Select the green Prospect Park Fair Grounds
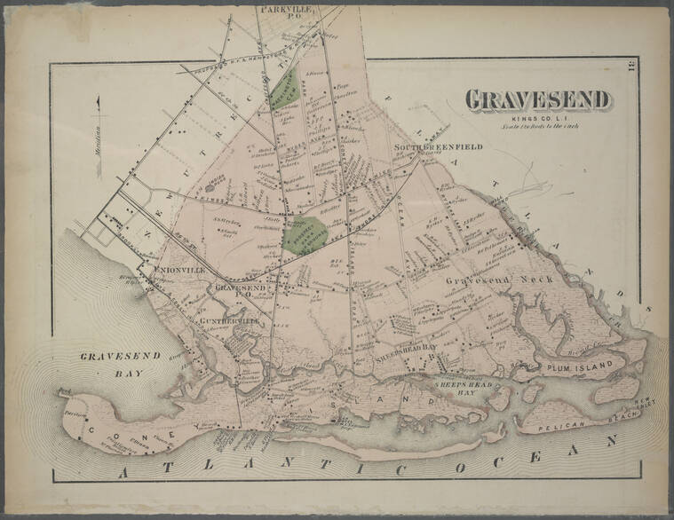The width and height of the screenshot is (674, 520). tap(303, 236)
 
